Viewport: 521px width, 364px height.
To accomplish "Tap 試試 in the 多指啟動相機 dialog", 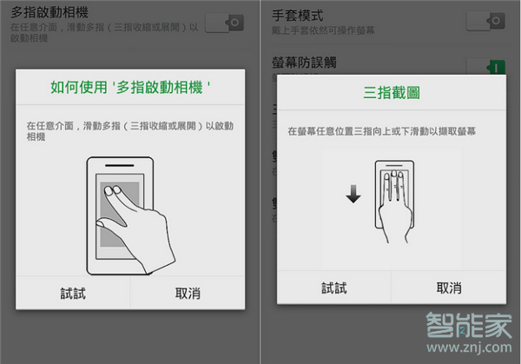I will (x=73, y=294).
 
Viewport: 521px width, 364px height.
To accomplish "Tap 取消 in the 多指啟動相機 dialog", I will (x=188, y=294).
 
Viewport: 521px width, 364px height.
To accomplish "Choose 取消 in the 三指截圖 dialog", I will (x=449, y=288).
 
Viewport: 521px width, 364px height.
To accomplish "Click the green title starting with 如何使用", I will (x=131, y=88).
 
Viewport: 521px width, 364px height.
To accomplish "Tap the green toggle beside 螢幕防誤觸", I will (x=486, y=67).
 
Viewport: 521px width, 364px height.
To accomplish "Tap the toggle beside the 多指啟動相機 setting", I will (x=224, y=23).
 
